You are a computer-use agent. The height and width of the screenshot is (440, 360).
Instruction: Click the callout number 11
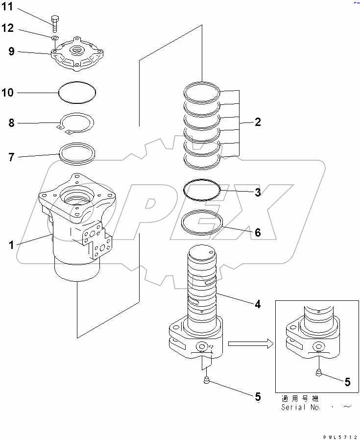pyautogui.click(x=10, y=8)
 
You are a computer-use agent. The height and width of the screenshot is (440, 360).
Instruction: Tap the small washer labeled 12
pyautogui.click(x=55, y=38)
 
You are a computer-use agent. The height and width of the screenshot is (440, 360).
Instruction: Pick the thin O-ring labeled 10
pyautogui.click(x=77, y=93)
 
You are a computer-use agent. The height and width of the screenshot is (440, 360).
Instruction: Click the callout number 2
pyautogui.click(x=257, y=122)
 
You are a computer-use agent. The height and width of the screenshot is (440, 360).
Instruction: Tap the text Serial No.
pyautogui.click(x=300, y=407)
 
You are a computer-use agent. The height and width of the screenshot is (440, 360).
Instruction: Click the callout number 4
pyautogui.click(x=257, y=304)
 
